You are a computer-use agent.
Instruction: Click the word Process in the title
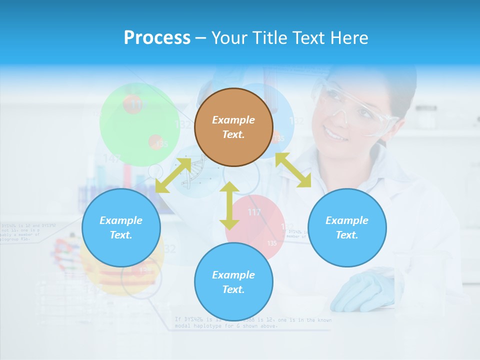157,38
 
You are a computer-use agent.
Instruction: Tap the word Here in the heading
350,38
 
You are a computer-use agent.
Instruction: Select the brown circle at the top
233,127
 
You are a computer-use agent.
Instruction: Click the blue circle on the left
121,227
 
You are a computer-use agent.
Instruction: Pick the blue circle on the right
347,227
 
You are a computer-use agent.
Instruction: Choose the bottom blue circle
233,282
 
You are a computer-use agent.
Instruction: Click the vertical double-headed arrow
229,205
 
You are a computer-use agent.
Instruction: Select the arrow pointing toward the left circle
173,175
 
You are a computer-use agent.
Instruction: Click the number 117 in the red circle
254,212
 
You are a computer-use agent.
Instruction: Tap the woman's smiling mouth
334,134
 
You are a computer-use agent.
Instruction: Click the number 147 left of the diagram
112,159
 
